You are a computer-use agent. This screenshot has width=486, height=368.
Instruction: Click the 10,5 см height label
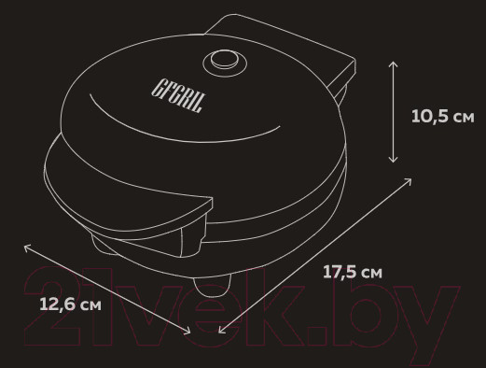pos(443,117)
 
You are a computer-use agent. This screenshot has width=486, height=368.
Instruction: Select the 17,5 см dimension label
pos(353,272)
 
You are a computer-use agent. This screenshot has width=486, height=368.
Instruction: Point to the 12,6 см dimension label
pos(70,304)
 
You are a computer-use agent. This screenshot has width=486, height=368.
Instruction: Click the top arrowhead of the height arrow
pos(394,64)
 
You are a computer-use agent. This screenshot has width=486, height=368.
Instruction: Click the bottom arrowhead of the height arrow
pos(394,160)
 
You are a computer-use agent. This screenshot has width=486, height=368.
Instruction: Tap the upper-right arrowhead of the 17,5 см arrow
pos(409,180)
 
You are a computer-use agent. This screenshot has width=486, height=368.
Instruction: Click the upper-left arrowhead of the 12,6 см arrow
pos(27,248)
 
